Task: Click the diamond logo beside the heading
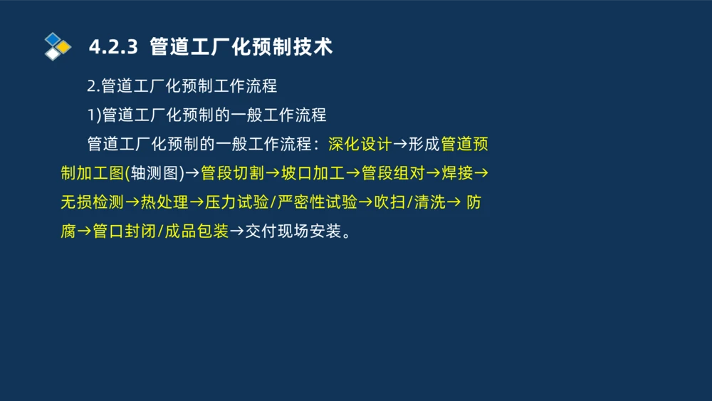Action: click(x=58, y=46)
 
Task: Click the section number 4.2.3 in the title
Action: click(x=113, y=47)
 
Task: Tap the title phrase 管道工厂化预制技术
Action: click(x=241, y=47)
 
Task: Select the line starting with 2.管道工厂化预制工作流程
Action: click(x=182, y=86)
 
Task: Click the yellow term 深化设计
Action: click(x=360, y=144)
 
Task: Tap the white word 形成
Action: click(x=424, y=144)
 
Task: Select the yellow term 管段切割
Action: click(x=232, y=173)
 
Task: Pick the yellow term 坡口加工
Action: click(x=313, y=173)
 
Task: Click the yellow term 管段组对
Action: click(x=393, y=173)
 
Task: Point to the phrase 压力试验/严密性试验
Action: click(x=281, y=202)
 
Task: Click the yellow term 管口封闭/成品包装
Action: click(x=160, y=231)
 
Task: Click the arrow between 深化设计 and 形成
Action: click(x=400, y=144)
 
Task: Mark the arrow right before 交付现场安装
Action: click(x=236, y=231)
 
